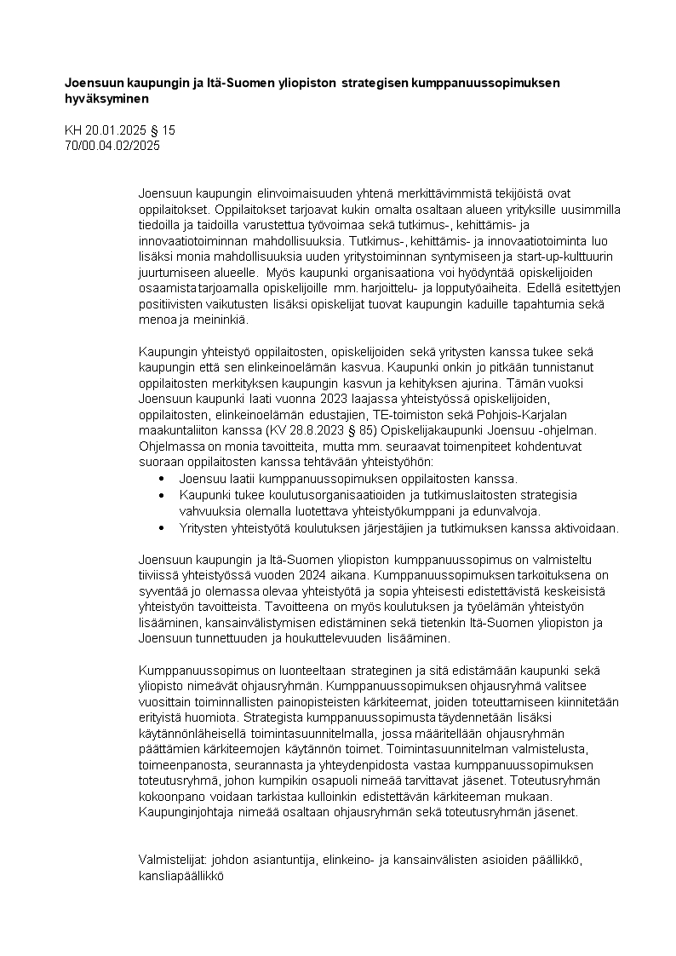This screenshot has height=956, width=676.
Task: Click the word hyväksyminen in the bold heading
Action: [x=107, y=99]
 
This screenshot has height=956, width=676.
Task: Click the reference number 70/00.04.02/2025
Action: [x=112, y=145]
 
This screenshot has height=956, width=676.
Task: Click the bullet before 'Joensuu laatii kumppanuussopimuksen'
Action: [x=162, y=480]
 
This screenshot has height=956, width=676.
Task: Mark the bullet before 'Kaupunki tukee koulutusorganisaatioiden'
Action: [x=162, y=494]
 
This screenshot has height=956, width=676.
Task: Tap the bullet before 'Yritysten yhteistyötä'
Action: [x=162, y=528]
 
